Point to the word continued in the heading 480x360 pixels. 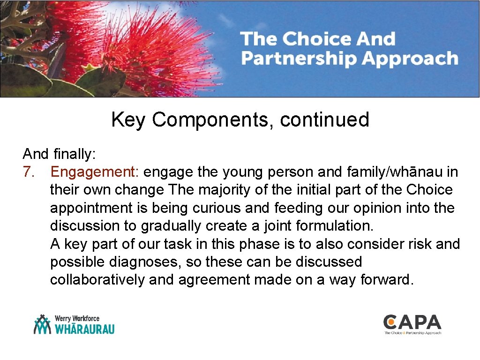click(x=325, y=120)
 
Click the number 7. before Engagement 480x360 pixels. click(x=29, y=172)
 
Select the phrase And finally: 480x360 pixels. click(x=59, y=154)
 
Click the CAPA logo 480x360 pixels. click(x=412, y=324)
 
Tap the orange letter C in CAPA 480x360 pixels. click(x=390, y=322)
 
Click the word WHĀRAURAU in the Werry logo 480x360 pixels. click(x=85, y=329)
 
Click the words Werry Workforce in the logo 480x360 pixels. click(x=77, y=318)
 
